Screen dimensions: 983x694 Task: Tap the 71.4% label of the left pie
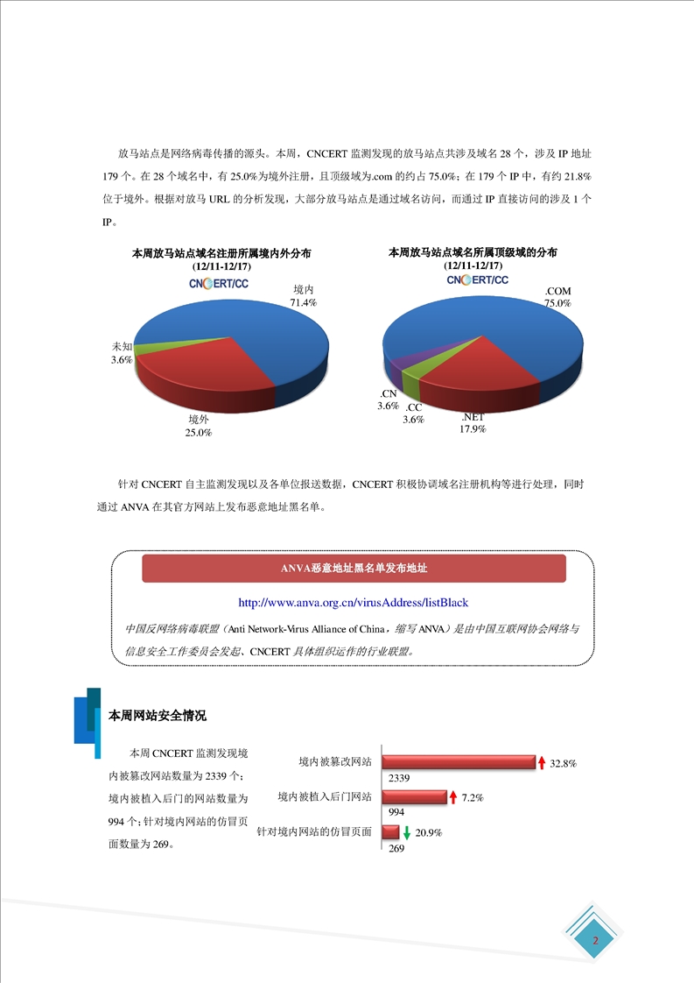click(304, 302)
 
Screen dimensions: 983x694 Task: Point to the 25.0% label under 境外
click(198, 433)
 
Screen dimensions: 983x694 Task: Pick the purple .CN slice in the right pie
click(396, 367)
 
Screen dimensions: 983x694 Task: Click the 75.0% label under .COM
click(557, 303)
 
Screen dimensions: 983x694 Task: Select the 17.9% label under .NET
click(473, 429)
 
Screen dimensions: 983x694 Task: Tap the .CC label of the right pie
click(414, 408)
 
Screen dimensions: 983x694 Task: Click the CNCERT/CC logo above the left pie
click(219, 283)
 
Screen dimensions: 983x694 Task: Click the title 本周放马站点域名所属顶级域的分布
click(473, 252)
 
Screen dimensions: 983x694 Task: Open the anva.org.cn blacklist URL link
click(353, 603)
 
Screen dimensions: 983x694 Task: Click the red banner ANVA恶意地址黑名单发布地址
click(354, 569)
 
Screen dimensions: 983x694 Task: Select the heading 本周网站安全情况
click(157, 716)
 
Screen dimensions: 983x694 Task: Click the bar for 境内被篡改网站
click(458, 762)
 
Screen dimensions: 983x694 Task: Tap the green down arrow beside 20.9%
click(406, 831)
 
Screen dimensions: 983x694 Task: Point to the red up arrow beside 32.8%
click(542, 762)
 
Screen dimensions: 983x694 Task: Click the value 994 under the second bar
click(396, 812)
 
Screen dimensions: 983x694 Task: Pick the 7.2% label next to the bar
click(473, 797)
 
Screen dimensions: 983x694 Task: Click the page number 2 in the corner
click(595, 941)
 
